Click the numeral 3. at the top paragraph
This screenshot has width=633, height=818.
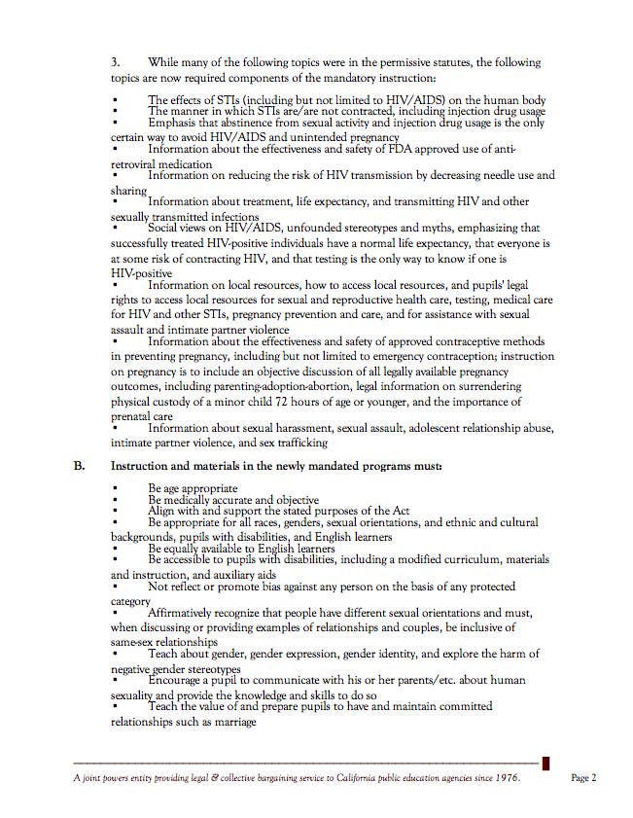click(117, 62)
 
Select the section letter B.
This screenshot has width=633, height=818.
click(82, 466)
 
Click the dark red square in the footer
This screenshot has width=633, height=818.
click(546, 764)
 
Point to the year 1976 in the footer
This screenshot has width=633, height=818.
click(506, 777)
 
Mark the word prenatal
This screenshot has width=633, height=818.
click(136, 415)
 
